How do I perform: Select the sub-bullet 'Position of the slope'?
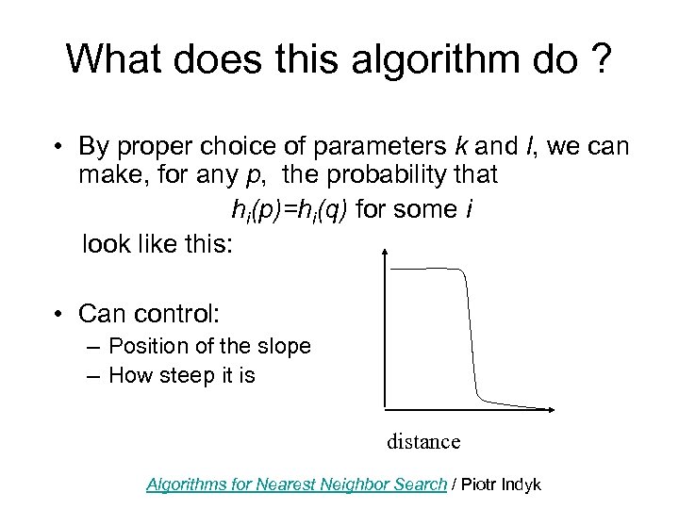209,346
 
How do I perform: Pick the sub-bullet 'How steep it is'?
182,375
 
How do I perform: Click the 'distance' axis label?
423,441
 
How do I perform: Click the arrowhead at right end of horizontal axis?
551,410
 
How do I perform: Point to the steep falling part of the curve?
469,330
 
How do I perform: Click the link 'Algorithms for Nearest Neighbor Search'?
296,484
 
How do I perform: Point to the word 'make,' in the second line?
111,175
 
